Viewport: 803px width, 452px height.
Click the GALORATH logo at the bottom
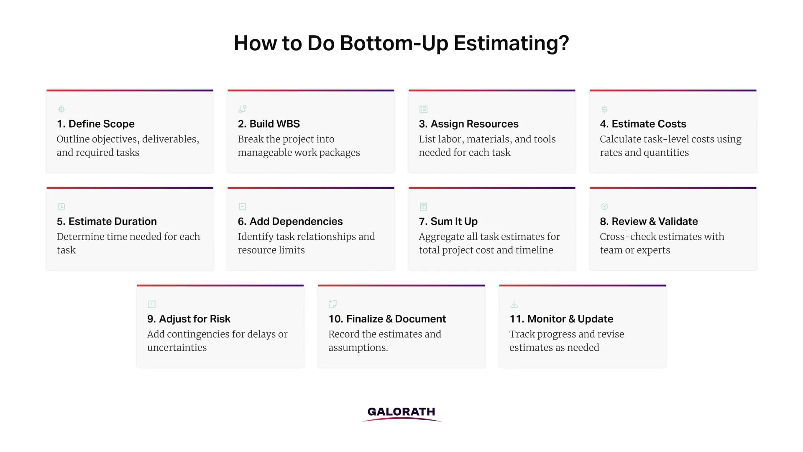tap(401, 413)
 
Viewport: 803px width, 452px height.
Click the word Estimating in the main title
tap(511, 43)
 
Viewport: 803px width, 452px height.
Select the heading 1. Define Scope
tap(95, 124)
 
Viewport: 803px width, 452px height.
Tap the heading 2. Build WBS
tap(269, 124)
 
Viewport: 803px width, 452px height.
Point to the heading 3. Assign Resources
tap(468, 124)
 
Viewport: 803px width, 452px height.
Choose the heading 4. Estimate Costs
tap(643, 124)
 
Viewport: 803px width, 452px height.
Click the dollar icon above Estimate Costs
tap(604, 109)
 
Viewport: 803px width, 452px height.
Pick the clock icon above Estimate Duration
tap(61, 207)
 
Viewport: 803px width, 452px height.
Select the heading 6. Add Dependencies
tap(290, 221)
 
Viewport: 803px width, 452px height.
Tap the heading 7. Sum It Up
tap(448, 221)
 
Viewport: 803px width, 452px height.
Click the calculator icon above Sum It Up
tap(423, 207)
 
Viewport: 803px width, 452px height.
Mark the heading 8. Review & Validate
tap(649, 221)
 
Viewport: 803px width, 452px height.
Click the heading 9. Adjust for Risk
tap(189, 319)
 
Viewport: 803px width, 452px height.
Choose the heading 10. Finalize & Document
tap(387, 319)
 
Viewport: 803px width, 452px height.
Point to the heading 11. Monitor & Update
tap(561, 319)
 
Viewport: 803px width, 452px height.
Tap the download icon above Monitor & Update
tap(514, 304)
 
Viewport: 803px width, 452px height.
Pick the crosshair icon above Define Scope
tap(61, 109)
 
